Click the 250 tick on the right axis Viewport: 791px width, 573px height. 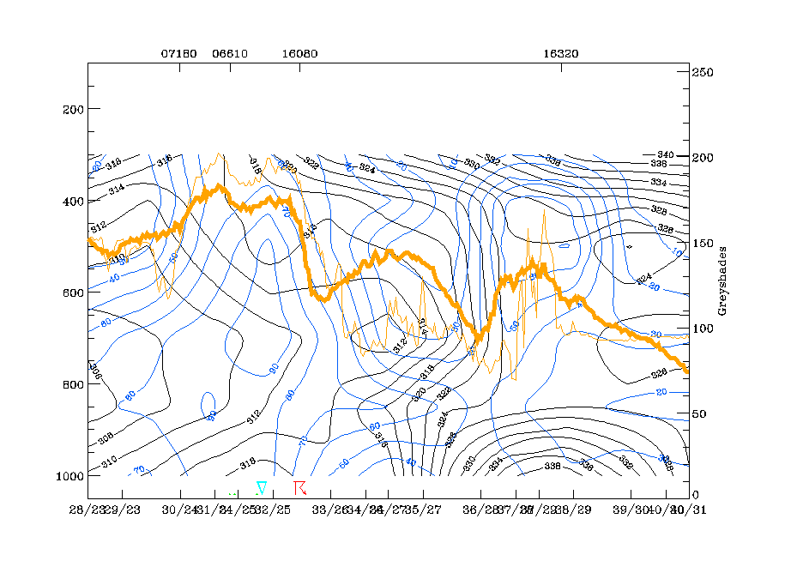(x=703, y=73)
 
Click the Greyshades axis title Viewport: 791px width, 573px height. (x=722, y=284)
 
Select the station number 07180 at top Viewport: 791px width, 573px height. (x=179, y=53)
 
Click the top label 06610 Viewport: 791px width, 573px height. (x=230, y=53)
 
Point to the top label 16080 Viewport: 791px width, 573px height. (x=299, y=53)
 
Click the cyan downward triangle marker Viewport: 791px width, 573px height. (x=262, y=487)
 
